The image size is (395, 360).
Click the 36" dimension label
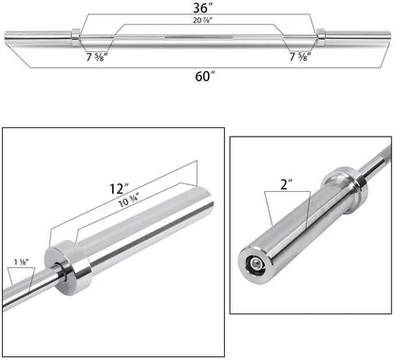click(x=197, y=8)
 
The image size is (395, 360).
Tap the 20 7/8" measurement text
click(x=197, y=21)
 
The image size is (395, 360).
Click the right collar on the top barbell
click(x=321, y=37)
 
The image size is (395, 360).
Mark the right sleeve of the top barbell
click(x=356, y=37)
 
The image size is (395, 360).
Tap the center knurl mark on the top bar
click(x=197, y=37)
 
